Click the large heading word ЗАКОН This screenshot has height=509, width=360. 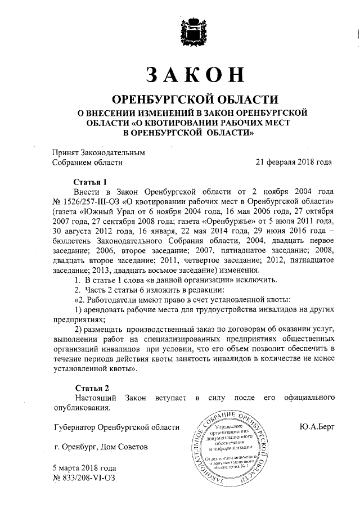click(195, 75)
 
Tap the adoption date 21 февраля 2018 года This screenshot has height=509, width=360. click(293, 163)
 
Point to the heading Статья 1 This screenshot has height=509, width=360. click(91, 182)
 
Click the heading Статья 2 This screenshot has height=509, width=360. click(91, 388)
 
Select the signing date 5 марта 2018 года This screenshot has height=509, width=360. click(84, 468)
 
